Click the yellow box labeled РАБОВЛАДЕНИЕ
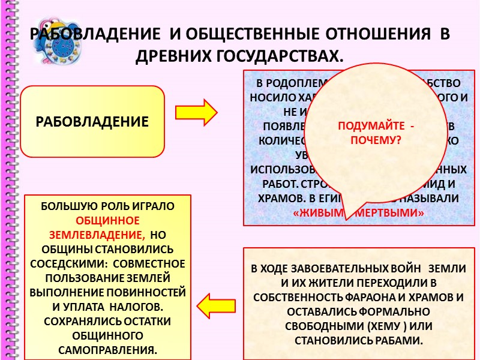pos(92,122)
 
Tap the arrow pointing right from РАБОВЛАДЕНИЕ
pos(197,113)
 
